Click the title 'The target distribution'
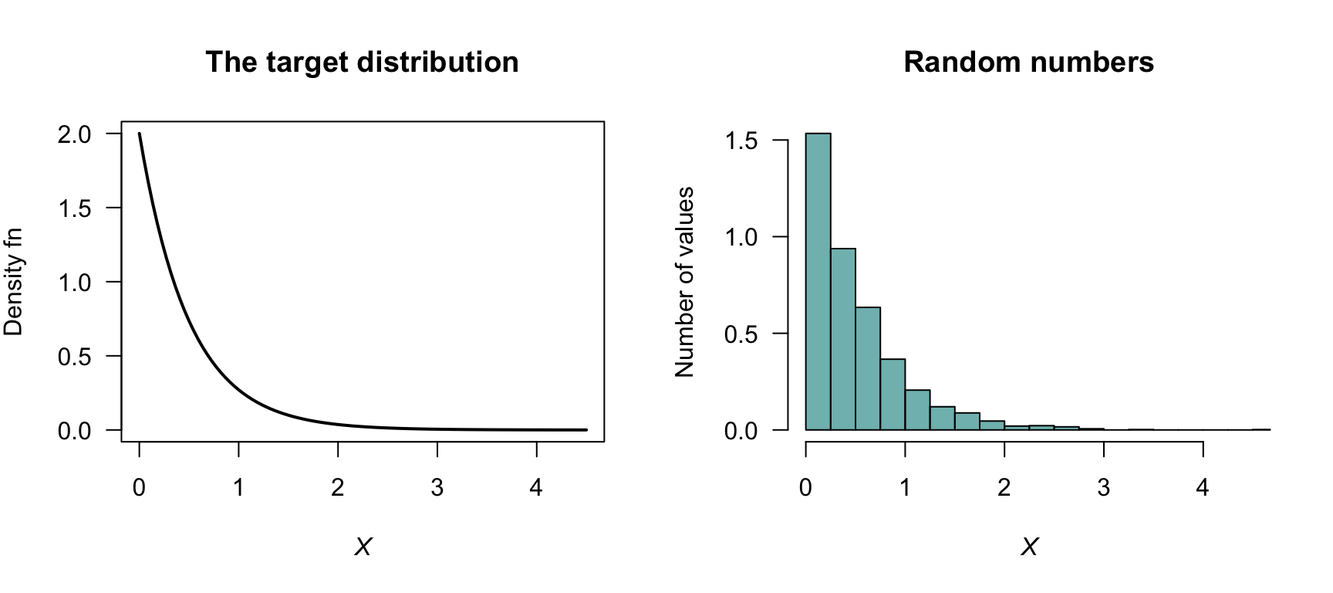[362, 63]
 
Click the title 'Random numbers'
[1028, 63]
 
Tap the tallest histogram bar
[818, 282]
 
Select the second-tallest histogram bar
[843, 339]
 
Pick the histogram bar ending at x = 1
[893, 394]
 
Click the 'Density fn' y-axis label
[14, 283]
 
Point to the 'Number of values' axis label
[684, 282]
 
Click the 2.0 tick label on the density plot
[74, 134]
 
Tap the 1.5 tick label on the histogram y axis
[741, 141]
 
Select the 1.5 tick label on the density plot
[74, 208]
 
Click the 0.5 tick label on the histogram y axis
[741, 334]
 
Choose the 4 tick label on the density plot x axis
[536, 488]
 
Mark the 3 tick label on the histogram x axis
[1103, 488]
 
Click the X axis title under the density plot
[363, 547]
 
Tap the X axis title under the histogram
[1029, 547]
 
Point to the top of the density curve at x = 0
[140, 134]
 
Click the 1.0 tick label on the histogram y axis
[741, 238]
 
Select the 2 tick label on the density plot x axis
[338, 488]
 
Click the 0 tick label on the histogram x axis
[805, 488]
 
